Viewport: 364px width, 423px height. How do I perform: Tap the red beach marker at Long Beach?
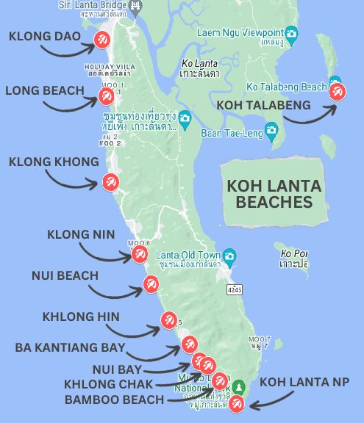(106, 95)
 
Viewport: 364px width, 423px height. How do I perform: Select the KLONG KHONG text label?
(54, 162)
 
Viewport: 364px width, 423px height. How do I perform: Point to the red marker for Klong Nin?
(139, 254)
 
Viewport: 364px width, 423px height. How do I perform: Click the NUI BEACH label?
(65, 275)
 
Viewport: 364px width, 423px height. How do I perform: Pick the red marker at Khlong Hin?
(168, 320)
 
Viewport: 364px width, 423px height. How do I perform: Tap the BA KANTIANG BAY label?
(71, 347)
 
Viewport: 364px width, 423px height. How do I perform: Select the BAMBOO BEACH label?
(114, 400)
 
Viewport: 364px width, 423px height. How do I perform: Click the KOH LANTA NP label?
(304, 382)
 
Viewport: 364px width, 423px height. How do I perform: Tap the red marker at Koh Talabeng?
(337, 92)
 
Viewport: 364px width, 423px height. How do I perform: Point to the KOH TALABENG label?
(263, 105)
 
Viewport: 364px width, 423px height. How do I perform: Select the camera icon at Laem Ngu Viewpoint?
(291, 33)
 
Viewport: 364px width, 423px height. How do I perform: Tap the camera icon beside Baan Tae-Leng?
(272, 133)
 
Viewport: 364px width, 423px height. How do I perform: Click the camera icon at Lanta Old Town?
(230, 256)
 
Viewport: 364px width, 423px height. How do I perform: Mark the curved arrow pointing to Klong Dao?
(67, 50)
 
